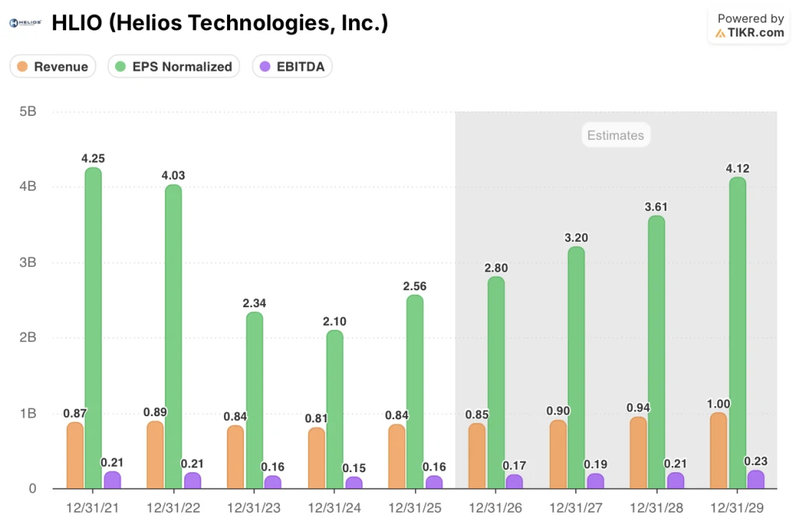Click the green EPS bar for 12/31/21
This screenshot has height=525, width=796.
(93, 327)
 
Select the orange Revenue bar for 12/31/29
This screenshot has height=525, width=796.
(717, 451)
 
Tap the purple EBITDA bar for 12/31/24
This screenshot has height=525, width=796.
(354, 482)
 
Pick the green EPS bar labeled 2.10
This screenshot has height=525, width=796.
(334, 408)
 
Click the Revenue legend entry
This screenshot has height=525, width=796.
(53, 67)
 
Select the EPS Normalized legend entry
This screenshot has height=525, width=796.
(173, 67)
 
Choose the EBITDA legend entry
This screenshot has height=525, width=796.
(292, 67)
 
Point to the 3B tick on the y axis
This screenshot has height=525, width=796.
(27, 263)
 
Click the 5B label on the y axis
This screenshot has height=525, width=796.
(27, 112)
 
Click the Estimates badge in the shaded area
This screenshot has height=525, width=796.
(615, 135)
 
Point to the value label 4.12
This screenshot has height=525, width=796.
(736, 168)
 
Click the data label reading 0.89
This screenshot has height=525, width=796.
(155, 412)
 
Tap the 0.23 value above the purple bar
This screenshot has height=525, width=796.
(756, 460)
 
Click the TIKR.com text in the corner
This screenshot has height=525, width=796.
(755, 33)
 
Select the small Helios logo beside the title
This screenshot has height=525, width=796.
(25, 23)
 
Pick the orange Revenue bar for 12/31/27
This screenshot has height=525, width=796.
(557, 455)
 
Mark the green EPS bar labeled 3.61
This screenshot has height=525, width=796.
(656, 350)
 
